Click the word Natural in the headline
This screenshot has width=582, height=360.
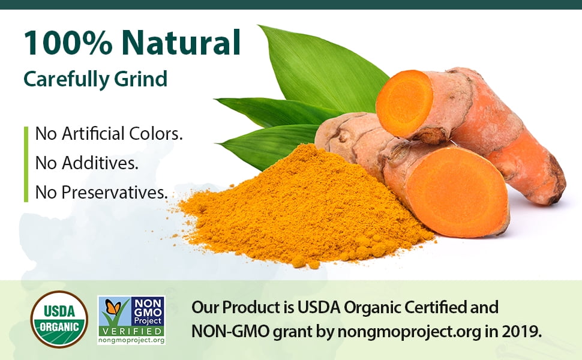coord(181,43)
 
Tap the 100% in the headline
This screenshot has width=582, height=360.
coord(68,43)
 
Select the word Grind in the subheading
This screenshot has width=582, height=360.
coord(140,79)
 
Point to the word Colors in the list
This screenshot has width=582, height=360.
coord(156,134)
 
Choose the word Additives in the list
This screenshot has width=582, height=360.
coord(100,163)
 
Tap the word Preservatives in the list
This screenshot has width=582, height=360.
coord(115,192)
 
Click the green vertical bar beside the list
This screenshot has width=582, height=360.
coord(26,164)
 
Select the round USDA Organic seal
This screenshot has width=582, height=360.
coord(59,319)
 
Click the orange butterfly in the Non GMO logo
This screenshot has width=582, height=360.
coord(113,307)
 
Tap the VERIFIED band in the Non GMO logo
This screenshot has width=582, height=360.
coord(131,331)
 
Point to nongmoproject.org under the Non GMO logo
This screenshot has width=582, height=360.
coord(131,340)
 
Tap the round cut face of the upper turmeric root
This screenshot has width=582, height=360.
coord(404,103)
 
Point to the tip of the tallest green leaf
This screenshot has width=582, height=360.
coord(259,26)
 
